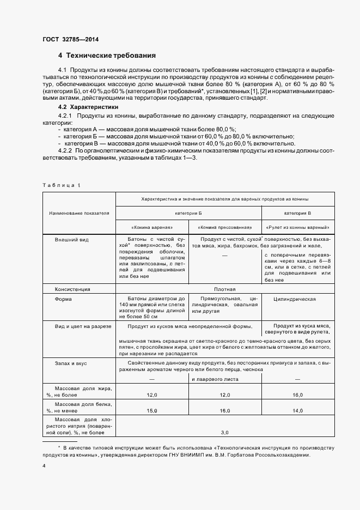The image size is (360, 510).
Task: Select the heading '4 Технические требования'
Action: click(107, 56)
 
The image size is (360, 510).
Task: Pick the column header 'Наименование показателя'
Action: click(79, 213)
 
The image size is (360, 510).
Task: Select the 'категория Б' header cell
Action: click(188, 213)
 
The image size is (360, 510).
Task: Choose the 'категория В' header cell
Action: click(298, 213)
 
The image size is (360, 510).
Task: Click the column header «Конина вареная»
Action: click(152, 227)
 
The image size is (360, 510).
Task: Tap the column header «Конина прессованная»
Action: click(225, 227)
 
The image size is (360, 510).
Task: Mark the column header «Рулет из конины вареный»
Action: click(298, 227)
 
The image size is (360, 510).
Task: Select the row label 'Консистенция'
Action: click(72, 289)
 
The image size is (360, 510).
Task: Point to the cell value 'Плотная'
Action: click(224, 289)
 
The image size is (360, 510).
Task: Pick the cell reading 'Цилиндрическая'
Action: click(297, 299)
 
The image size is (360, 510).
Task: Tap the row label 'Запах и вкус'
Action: click(71, 363)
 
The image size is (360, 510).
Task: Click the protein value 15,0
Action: click(152, 410)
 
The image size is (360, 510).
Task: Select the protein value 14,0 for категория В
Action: click(298, 410)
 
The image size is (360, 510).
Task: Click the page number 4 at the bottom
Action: click(44, 466)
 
